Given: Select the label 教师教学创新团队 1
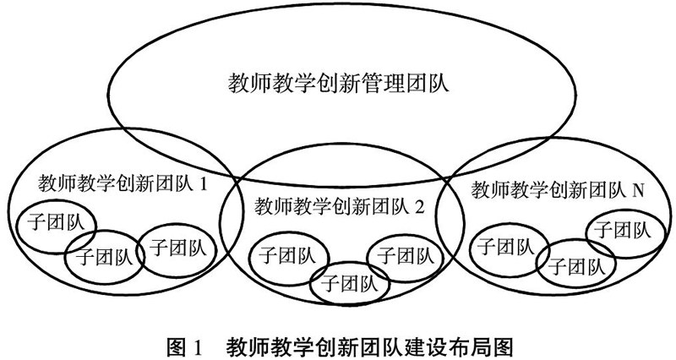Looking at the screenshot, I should [123, 183].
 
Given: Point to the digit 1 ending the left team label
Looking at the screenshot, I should [203, 183].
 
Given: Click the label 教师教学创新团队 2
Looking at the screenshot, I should [338, 205].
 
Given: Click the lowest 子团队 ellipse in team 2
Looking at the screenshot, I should [349, 281].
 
